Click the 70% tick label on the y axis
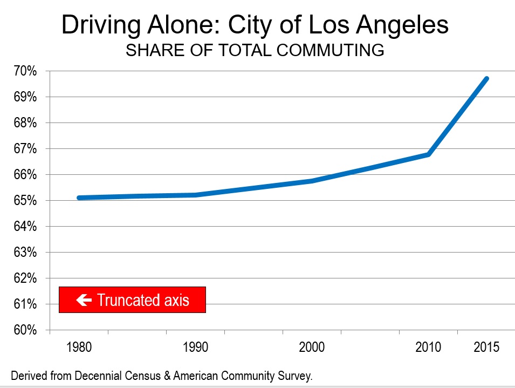point(26,71)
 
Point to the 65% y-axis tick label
point(26,201)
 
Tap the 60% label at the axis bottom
point(26,330)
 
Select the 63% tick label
point(26,253)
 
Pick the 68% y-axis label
point(26,123)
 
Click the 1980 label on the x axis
point(79,347)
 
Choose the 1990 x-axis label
point(195,347)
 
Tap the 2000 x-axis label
point(312,347)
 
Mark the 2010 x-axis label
point(429,347)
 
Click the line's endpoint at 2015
point(486,79)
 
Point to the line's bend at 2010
point(428,154)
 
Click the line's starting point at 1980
point(79,198)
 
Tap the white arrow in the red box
point(84,300)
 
